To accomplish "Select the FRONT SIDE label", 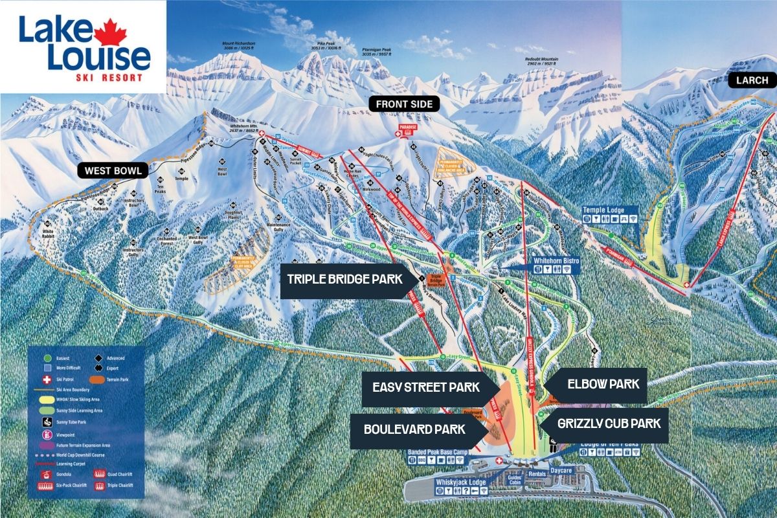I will pyautogui.click(x=404, y=104).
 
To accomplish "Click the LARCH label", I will pyautogui.click(x=752, y=80).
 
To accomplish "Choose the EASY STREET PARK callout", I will pyautogui.click(x=426, y=388).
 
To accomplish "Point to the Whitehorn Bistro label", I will pyautogui.click(x=556, y=260).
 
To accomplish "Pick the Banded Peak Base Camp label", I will pyautogui.click(x=437, y=451).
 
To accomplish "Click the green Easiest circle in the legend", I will pyautogui.click(x=47, y=357).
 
